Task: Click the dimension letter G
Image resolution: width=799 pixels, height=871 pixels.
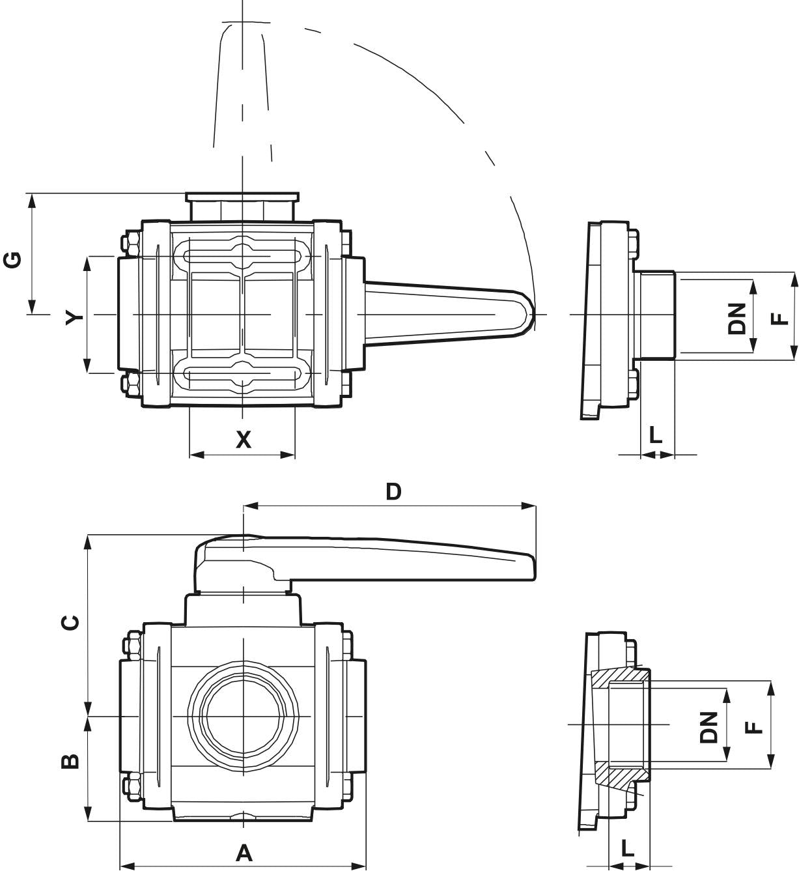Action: pyautogui.click(x=13, y=259)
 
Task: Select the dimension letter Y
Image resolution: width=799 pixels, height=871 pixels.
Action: pyautogui.click(x=76, y=317)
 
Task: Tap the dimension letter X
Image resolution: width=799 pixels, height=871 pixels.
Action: pyautogui.click(x=243, y=440)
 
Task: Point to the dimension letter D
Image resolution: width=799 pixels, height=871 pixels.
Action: pyautogui.click(x=393, y=492)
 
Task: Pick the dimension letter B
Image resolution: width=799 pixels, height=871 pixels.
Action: pyautogui.click(x=70, y=761)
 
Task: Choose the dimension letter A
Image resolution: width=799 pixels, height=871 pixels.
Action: pyautogui.click(x=244, y=853)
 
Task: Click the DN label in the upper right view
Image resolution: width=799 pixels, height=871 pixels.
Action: pyautogui.click(x=737, y=319)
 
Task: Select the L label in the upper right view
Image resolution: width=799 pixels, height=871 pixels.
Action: pyautogui.click(x=656, y=434)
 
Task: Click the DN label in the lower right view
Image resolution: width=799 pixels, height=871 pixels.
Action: pyautogui.click(x=709, y=727)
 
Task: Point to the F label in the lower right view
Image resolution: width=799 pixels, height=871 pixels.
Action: pyautogui.click(x=753, y=727)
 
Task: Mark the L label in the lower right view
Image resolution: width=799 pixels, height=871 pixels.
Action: pyautogui.click(x=627, y=848)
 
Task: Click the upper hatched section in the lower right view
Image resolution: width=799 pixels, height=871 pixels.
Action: pyautogui.click(x=619, y=678)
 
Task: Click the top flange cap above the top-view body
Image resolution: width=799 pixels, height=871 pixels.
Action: pyautogui.click(x=242, y=196)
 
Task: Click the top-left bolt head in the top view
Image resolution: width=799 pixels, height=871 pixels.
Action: pyautogui.click(x=130, y=244)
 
